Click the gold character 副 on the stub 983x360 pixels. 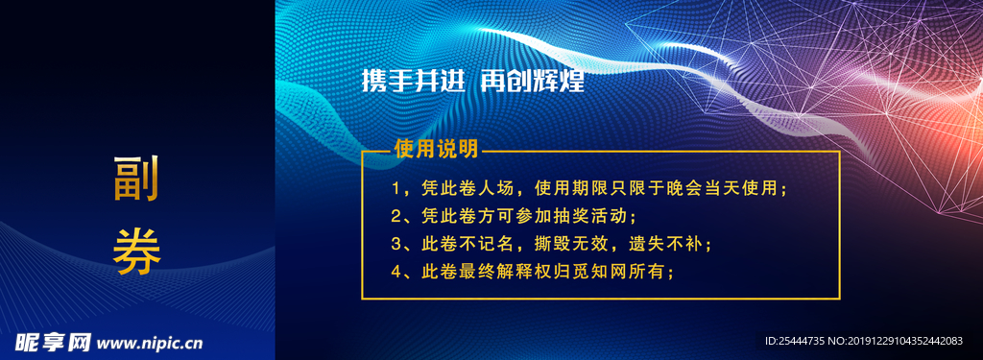tap(136, 179)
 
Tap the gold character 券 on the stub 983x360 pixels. tap(136, 252)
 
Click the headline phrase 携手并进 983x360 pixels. tap(413, 81)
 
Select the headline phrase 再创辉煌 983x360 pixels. tap(532, 81)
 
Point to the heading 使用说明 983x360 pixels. tap(436, 149)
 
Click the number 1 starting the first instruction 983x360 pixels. tap(395, 188)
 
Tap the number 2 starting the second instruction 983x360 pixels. tap(396, 216)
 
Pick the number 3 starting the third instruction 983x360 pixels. tap(396, 244)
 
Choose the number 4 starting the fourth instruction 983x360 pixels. tap(396, 273)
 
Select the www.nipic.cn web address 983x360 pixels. tap(151, 343)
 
